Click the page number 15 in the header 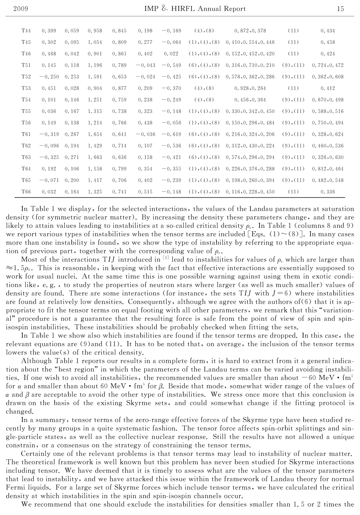(340, 9)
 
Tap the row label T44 (26, 31)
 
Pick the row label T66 (26, 192)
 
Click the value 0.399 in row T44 (49, 31)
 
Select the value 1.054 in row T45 (95, 42)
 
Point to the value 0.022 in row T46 (171, 54)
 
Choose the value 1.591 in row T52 (95, 77)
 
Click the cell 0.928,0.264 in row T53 (250, 88)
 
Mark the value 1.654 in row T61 (95, 134)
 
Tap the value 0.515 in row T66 (146, 192)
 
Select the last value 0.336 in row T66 (328, 192)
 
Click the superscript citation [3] (165, 258)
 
